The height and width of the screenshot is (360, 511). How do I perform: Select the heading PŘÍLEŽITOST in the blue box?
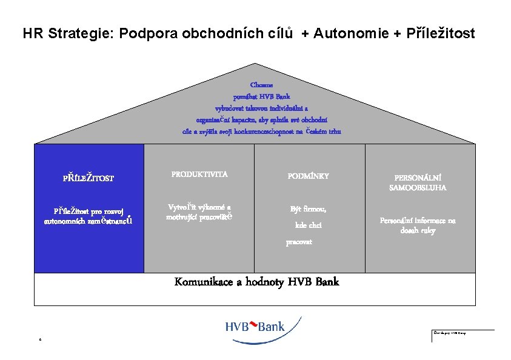(x=89, y=178)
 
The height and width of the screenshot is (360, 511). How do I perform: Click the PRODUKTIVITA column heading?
(x=199, y=175)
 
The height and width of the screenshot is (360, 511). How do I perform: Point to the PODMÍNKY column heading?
(x=308, y=176)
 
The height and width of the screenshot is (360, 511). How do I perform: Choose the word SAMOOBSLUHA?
(x=418, y=188)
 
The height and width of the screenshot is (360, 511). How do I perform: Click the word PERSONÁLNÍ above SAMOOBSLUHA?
(x=418, y=178)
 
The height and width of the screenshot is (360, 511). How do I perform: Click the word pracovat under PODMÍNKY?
(x=299, y=242)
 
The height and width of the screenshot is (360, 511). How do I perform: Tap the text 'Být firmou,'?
(x=308, y=209)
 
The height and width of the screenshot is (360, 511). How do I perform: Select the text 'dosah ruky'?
(x=418, y=230)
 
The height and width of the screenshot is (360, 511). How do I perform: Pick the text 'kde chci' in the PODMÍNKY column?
(x=308, y=225)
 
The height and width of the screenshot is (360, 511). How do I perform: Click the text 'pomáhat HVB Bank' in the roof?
(x=262, y=96)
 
